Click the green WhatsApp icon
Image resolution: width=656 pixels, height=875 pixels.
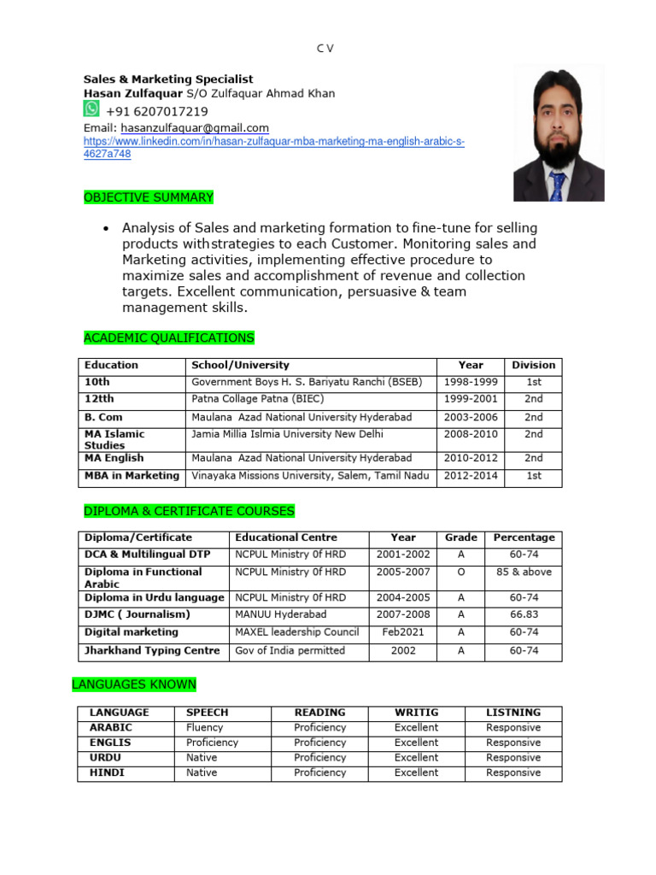click(91, 109)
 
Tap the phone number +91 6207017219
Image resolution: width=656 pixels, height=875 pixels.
click(156, 112)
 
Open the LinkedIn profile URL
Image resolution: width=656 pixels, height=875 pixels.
click(273, 142)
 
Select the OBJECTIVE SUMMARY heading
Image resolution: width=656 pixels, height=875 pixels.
click(149, 197)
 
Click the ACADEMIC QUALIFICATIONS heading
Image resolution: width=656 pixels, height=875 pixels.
click(169, 338)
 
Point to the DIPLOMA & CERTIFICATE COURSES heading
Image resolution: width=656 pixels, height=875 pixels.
click(189, 511)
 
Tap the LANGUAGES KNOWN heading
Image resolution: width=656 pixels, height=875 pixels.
click(134, 684)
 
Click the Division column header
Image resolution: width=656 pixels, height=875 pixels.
click(533, 365)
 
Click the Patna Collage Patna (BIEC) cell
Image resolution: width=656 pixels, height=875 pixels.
click(258, 399)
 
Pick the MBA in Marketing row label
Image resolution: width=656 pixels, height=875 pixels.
click(132, 476)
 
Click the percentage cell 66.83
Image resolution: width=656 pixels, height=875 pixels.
click(524, 614)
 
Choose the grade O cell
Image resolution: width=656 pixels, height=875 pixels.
click(461, 572)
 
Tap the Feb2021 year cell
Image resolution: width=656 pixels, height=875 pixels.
click(403, 632)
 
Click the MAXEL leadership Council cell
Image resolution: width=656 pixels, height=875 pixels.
click(297, 632)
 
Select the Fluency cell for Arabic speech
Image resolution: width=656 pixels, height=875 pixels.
click(204, 728)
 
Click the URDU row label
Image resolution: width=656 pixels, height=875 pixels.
click(105, 758)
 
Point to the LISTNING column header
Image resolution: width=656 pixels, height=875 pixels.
click(512, 713)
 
